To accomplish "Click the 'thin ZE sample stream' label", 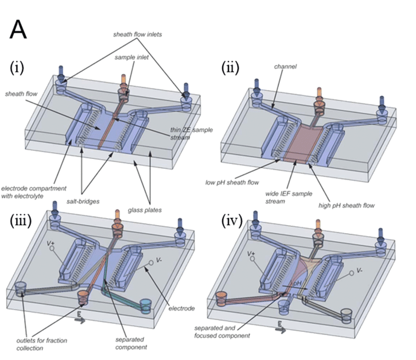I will pyautogui.click(x=195, y=133).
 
